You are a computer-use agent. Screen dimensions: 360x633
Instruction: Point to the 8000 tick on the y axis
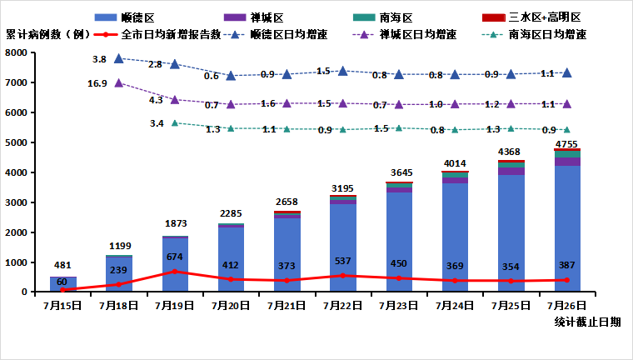point(17,52)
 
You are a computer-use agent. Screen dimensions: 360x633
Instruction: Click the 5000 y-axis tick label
point(17,142)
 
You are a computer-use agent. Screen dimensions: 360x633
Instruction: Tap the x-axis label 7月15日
point(63,306)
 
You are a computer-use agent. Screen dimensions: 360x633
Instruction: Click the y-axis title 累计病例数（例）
point(47,35)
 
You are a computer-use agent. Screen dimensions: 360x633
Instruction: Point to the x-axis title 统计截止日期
point(586,322)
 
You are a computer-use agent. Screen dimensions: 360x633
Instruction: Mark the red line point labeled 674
point(175,272)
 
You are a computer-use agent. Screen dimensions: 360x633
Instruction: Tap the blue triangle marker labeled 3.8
point(119,59)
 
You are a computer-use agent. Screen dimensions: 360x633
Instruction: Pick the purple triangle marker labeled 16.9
point(119,83)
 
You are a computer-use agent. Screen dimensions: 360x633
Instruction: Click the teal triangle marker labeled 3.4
point(175,122)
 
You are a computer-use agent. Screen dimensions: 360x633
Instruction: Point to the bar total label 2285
point(231,213)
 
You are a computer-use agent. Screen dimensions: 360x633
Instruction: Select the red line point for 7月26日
point(567,280)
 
